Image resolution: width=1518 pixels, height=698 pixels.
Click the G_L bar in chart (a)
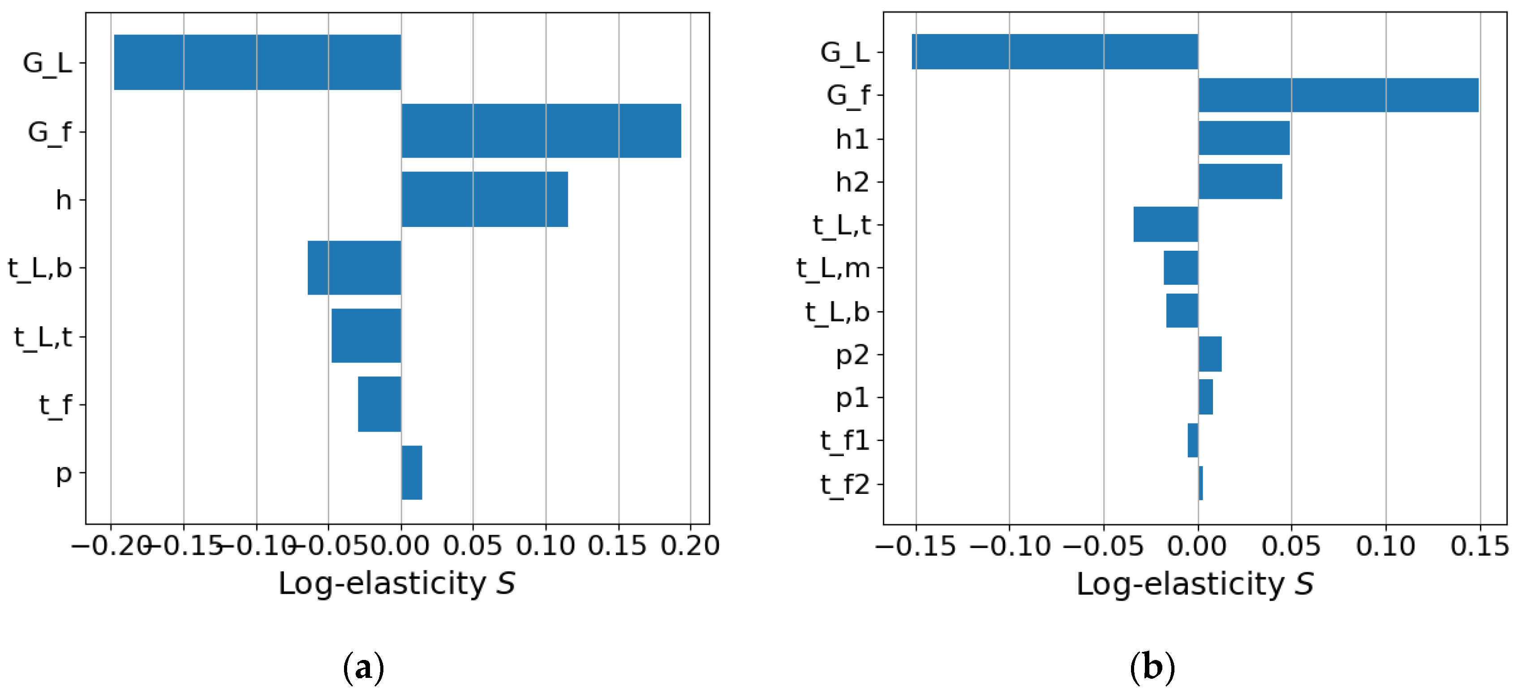point(257,62)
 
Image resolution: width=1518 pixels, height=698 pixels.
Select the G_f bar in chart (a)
point(541,131)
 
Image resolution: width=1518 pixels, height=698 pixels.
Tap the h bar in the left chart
point(484,199)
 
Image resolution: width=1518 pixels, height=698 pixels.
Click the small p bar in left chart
point(411,472)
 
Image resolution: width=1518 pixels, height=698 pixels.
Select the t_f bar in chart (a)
point(379,404)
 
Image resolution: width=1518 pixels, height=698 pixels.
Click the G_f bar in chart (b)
point(1338,95)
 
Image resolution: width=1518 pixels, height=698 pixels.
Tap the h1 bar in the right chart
point(1244,138)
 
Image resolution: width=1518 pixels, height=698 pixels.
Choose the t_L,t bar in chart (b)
point(1165,224)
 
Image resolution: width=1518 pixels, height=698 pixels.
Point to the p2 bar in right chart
point(1210,354)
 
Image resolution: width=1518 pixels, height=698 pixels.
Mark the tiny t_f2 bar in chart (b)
point(1200,484)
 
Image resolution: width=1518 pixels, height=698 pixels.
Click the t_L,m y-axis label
point(833,268)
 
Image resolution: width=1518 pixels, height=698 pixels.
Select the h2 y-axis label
point(852,182)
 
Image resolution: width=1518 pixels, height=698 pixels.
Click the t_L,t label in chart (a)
point(43,337)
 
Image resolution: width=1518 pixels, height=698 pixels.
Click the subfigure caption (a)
point(364,668)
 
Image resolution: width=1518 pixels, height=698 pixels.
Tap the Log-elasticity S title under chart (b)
point(1195,584)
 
